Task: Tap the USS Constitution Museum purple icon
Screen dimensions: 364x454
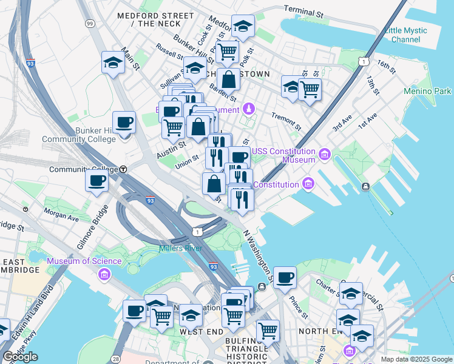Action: pyautogui.click(x=325, y=155)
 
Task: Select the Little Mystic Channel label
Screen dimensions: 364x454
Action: pyautogui.click(x=406, y=35)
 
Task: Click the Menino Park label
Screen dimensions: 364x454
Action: pyautogui.click(x=428, y=91)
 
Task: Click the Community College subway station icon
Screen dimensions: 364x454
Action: pyautogui.click(x=123, y=169)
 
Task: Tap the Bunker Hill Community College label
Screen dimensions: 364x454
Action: pyautogui.click(x=86, y=135)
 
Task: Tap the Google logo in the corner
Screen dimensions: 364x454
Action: pyautogui.click(x=20, y=356)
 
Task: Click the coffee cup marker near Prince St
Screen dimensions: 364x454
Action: pyautogui.click(x=285, y=278)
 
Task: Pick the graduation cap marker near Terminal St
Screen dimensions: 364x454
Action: pyautogui.click(x=243, y=26)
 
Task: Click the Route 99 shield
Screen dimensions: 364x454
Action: pyautogui.click(x=90, y=24)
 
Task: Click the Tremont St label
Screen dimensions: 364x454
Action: pyautogui.click(x=286, y=121)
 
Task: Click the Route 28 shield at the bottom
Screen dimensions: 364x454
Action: pyautogui.click(x=116, y=359)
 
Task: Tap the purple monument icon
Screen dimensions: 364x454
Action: pyautogui.click(x=248, y=109)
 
